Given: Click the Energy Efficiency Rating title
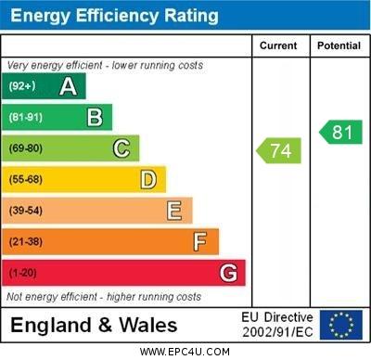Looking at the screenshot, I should coord(114,16).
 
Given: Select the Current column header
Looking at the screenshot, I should coord(278,45).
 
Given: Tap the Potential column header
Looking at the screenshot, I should coord(339,45).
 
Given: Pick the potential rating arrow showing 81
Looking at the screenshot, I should coord(340,132).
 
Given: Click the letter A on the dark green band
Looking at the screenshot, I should coord(68,86).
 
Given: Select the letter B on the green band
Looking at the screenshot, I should coord(95,117).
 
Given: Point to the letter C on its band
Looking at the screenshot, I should coord(122,148).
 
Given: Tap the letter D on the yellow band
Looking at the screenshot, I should coord(148,179).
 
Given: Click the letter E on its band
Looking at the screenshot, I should coord(174,211).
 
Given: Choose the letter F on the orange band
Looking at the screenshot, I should coord(200,242).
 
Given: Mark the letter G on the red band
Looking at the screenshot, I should coord(228,273).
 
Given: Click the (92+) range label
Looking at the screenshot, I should coord(23,86).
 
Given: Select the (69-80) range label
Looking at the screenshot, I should coord(26,148).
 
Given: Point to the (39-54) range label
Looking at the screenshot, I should coord(26,211).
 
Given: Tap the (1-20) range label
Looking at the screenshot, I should coord(23,274).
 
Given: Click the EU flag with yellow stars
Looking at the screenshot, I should coord(341,325).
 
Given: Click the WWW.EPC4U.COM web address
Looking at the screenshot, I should coord(185,352).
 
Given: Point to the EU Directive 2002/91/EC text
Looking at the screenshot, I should coord(277,325).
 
